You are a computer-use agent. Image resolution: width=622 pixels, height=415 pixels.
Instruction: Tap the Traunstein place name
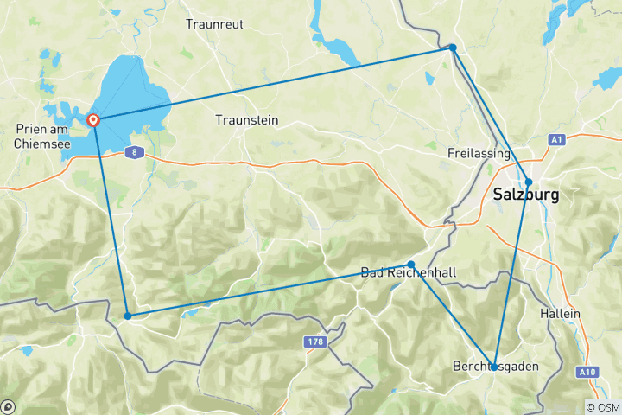247,120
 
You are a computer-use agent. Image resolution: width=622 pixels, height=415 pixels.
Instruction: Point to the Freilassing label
479,153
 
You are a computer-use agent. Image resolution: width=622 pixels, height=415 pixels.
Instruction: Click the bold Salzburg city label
525,195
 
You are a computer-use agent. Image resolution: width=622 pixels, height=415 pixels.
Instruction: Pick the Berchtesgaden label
495,367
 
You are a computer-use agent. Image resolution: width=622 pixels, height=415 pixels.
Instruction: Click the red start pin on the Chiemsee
93,120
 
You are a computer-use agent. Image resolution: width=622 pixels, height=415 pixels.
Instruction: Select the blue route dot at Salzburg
529,182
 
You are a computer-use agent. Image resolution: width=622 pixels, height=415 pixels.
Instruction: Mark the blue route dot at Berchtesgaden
493,367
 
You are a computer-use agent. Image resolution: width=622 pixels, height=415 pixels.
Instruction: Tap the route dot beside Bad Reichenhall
411,265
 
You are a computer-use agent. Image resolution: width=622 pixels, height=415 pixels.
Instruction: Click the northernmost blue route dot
453,48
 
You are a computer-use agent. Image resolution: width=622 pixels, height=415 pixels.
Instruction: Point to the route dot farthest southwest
128,316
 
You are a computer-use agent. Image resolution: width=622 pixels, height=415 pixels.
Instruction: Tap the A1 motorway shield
557,138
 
